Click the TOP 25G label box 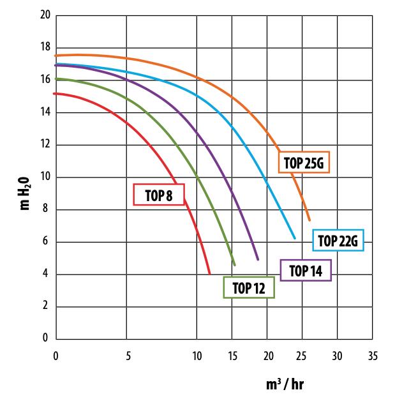304,162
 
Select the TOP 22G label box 338,240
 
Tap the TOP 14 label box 306,270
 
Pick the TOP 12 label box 249,287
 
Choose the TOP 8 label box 159,195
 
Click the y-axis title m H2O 25,193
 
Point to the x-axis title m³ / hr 285,384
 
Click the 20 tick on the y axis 45,15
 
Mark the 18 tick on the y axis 45,47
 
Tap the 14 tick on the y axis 45,112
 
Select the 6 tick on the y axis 45,241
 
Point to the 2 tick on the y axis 45,306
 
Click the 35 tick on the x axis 373,356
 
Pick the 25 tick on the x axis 302,356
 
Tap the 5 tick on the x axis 128,356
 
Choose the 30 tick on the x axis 337,356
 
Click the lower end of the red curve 210,273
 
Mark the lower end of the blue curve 295,238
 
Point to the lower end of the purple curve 258,259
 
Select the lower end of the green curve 235,265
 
